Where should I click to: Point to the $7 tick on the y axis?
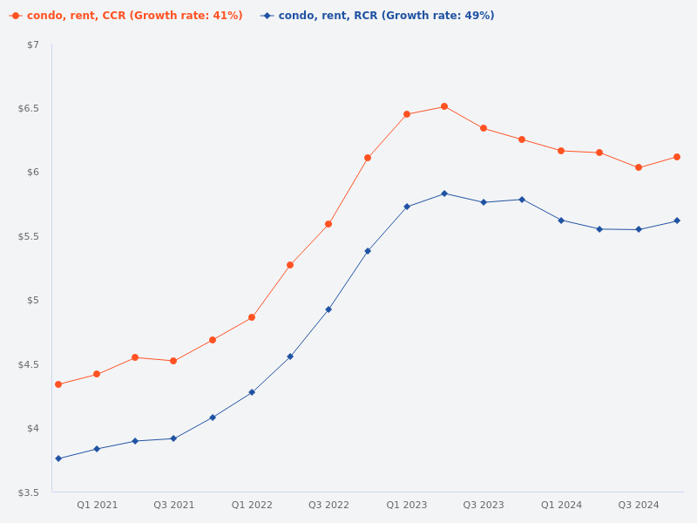click(x=33, y=44)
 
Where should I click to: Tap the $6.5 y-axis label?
click(x=29, y=108)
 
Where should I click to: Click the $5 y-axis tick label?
click(x=33, y=300)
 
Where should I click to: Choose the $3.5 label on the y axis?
click(x=29, y=492)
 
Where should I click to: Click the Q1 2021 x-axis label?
click(x=97, y=505)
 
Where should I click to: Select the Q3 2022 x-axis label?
click(x=328, y=505)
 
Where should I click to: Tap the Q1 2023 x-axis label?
click(x=407, y=505)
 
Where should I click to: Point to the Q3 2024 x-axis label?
click(x=639, y=505)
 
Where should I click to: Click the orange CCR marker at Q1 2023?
click(x=407, y=114)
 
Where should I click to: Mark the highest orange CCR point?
click(x=444, y=106)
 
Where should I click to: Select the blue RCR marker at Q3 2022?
click(x=328, y=309)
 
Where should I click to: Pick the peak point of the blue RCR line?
click(x=444, y=194)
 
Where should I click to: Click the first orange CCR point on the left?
click(x=58, y=384)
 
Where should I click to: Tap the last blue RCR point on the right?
click(x=677, y=221)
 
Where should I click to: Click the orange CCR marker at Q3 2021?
click(x=173, y=361)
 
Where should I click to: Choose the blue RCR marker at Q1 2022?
click(x=252, y=392)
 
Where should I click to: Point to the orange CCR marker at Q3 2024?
click(x=639, y=167)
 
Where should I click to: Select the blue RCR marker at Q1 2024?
click(x=561, y=221)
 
